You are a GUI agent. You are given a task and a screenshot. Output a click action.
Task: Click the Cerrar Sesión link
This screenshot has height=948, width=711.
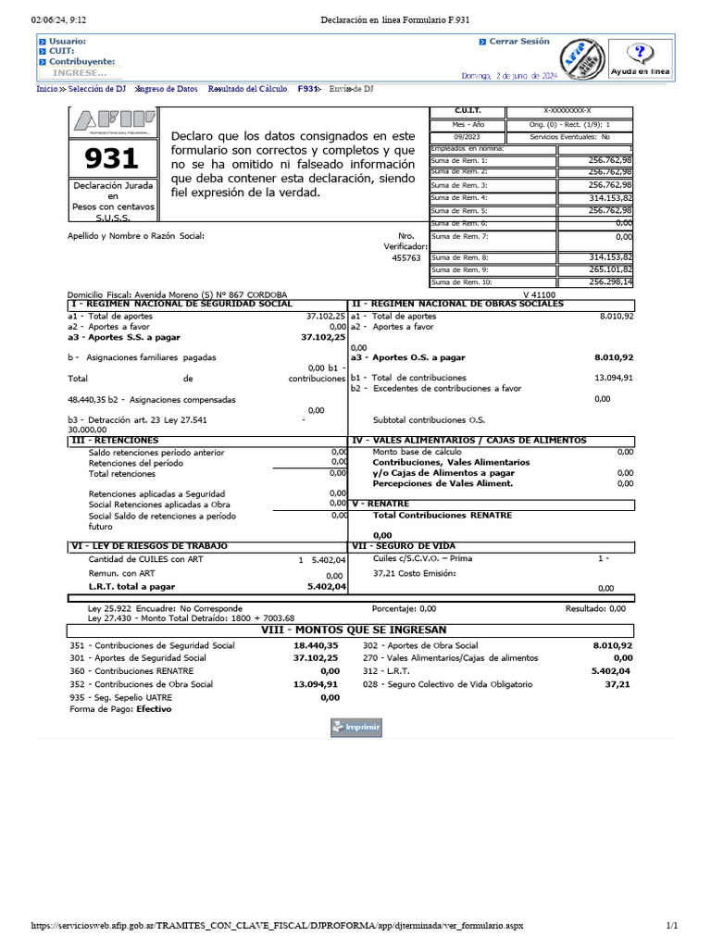[518, 42]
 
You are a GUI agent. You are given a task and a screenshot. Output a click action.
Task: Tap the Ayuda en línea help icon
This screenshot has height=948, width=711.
[647, 60]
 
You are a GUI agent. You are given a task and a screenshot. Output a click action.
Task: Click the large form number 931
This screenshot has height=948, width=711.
[111, 159]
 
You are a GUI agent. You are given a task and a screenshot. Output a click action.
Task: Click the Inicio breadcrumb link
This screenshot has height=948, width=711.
[45, 89]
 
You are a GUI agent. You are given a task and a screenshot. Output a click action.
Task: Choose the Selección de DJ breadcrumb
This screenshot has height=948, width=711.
[97, 89]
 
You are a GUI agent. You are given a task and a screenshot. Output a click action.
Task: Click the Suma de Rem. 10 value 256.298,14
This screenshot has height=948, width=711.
[610, 282]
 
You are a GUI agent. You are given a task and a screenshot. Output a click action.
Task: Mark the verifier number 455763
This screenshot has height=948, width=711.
[407, 259]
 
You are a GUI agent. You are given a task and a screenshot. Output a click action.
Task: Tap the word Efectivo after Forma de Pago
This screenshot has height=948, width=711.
[154, 709]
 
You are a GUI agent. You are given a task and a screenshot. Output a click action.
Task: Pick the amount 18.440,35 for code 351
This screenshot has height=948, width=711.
[316, 645]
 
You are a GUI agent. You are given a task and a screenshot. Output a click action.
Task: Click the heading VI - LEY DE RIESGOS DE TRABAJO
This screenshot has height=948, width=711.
[150, 546]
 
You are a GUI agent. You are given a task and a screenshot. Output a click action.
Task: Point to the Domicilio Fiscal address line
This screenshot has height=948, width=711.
[178, 293]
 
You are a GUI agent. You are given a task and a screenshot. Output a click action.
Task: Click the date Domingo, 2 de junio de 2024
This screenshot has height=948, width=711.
[509, 75]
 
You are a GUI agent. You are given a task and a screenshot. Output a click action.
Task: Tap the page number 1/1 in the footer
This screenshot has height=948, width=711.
[672, 926]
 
